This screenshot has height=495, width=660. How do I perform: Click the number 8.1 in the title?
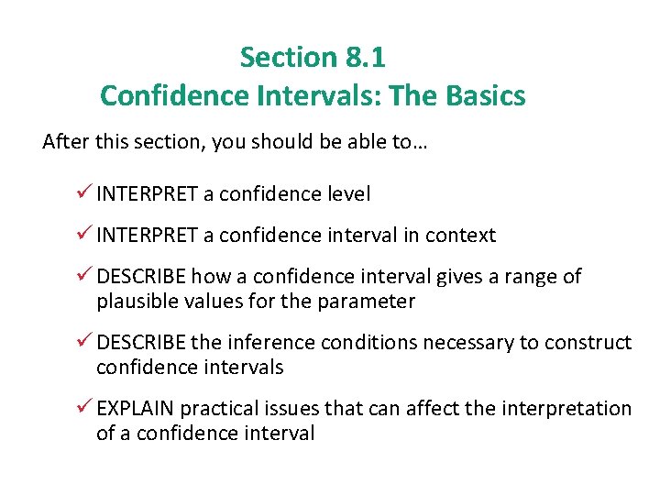tap(366, 58)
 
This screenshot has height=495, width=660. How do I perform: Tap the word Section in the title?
tap(288, 58)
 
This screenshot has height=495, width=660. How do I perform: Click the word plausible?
tap(137, 302)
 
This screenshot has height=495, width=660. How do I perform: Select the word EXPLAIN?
tap(135, 409)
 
